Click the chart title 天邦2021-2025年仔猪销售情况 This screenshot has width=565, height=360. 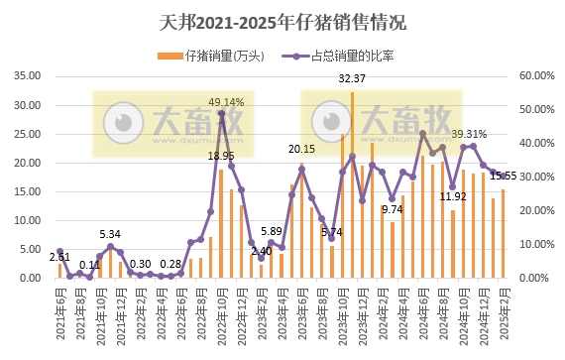click(282, 21)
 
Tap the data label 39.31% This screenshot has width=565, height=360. click(469, 134)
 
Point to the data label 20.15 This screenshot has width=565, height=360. click(301, 149)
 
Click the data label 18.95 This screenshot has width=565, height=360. click(221, 156)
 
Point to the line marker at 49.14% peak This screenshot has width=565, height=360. click(221, 113)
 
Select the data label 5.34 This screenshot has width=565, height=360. click(110, 234)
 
